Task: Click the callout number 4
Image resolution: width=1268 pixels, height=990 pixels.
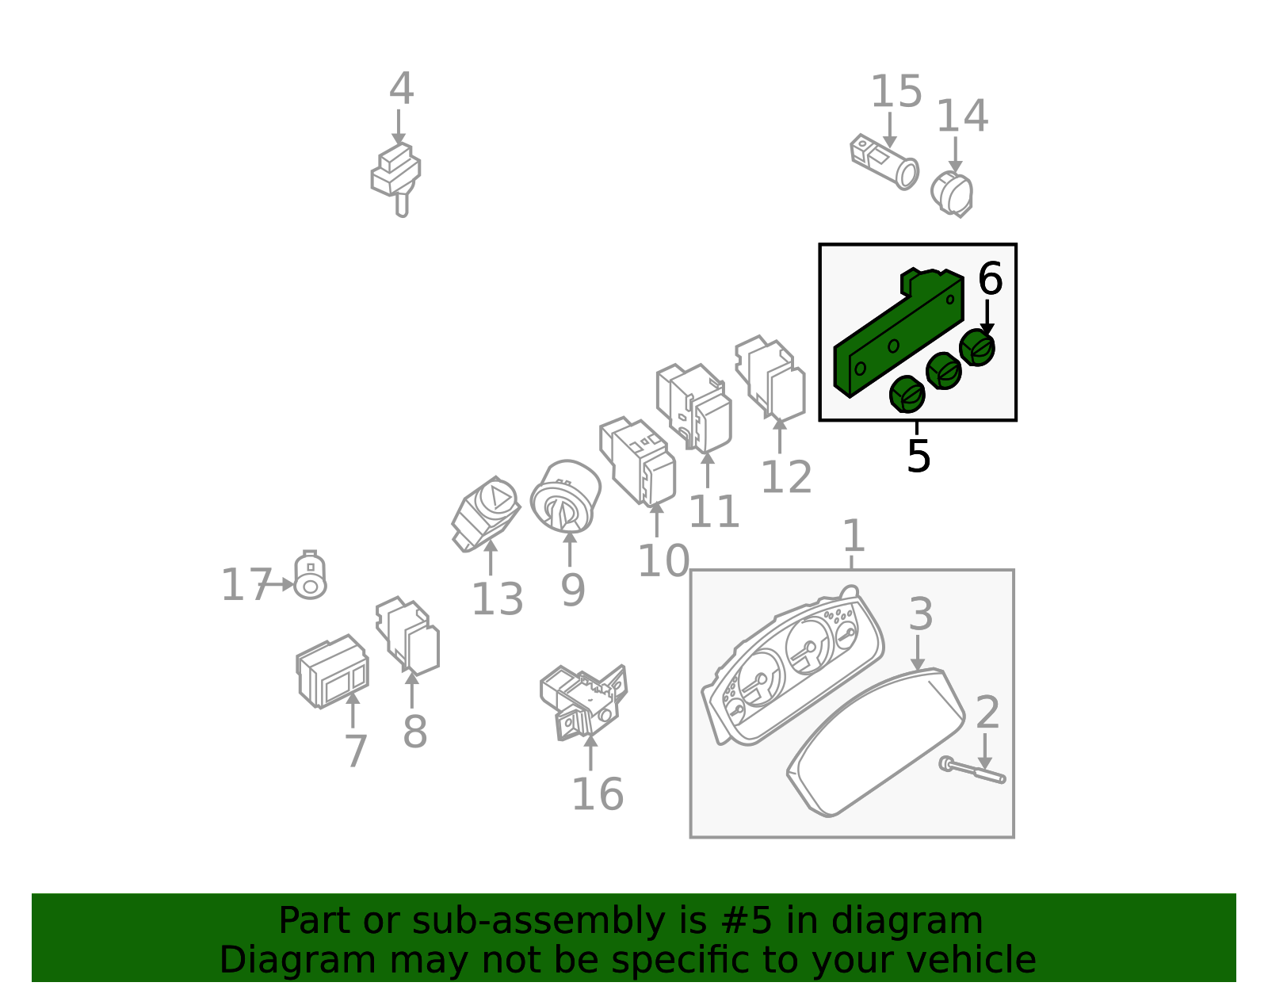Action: pos(402,89)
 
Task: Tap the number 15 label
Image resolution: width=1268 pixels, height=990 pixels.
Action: pos(896,92)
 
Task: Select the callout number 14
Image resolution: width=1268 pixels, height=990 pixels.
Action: pos(962,116)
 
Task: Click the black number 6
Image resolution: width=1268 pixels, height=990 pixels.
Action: pos(991,278)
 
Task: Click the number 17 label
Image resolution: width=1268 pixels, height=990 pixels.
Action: pos(246,584)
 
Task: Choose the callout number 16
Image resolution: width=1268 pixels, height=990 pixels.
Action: pos(598,794)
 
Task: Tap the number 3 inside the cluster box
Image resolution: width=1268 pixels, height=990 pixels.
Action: pos(921,613)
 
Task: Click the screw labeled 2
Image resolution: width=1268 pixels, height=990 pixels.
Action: pos(972,770)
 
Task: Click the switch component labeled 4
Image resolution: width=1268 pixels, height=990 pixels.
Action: pos(396,180)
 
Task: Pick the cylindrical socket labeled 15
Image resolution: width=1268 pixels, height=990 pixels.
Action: pos(884,162)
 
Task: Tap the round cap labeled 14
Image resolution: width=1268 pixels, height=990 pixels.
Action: pos(952,194)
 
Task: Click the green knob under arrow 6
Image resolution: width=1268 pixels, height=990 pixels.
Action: pos(977,348)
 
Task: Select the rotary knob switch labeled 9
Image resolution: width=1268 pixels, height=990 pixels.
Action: pos(565,497)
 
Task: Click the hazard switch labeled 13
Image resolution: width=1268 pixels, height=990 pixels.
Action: pos(486,514)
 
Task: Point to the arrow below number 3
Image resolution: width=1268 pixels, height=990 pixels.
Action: pos(917,653)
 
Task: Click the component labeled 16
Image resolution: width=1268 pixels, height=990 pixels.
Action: pos(584,702)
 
